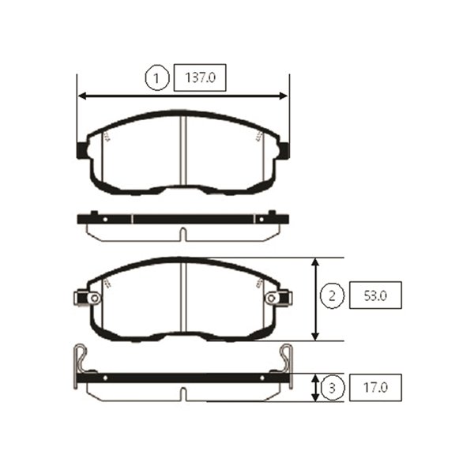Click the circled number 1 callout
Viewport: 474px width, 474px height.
point(156,78)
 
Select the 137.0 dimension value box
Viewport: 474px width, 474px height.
point(200,77)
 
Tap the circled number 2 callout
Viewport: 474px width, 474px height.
point(332,295)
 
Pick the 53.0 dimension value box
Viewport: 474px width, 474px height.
point(375,295)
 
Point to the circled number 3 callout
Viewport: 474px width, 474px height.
point(332,388)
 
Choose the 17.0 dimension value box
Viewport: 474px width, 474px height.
point(375,388)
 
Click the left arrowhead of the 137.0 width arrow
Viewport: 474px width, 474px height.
point(83,96)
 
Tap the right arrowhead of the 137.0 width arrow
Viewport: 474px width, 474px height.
point(284,96)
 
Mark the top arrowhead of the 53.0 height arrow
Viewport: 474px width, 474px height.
point(315,262)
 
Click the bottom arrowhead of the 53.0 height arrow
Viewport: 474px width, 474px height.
point(315,336)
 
